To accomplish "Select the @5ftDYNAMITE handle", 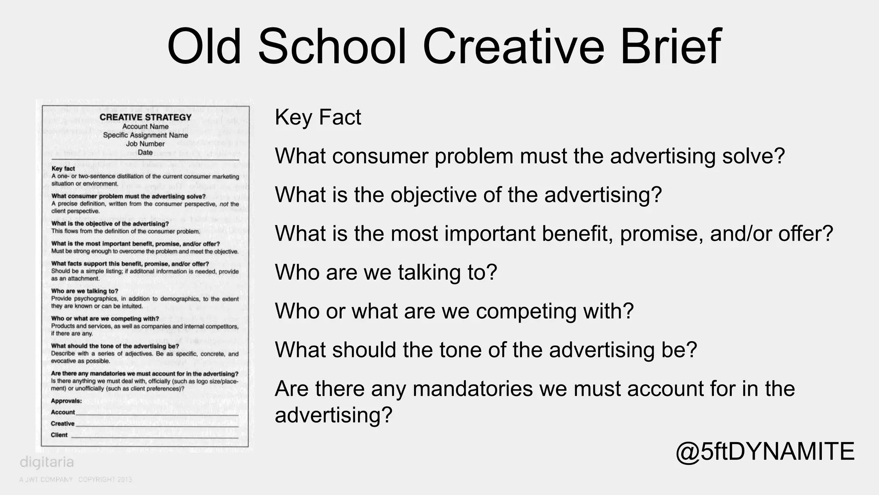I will point(765,452).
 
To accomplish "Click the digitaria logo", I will point(47,462).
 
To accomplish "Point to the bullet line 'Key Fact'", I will point(318,117).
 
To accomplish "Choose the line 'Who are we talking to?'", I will point(386,272).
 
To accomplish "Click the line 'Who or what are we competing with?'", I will point(454,311).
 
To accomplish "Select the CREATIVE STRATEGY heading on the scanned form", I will point(145,117).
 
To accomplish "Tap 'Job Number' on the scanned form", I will point(145,144).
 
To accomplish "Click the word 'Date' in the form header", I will point(145,152).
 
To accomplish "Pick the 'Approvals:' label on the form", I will point(66,401).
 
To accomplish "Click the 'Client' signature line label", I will point(59,435).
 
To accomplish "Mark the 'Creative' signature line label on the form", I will point(63,424).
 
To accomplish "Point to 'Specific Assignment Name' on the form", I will point(145,135).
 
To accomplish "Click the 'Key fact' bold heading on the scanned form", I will point(63,169).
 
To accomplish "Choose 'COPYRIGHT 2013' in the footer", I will point(105,480).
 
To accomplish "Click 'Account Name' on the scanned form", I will point(145,127).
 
